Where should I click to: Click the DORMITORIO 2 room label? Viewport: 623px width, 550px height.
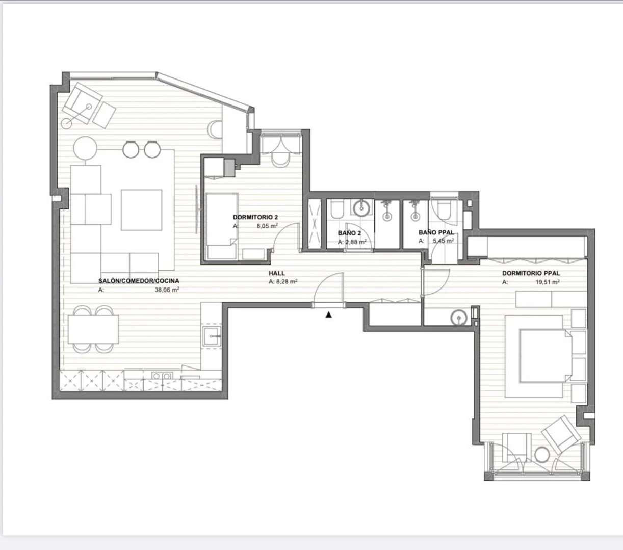(x=255, y=217)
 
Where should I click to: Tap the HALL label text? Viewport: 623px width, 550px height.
(x=277, y=273)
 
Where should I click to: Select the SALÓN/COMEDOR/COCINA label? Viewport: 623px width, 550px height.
(x=139, y=281)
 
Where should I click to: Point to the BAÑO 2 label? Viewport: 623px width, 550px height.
(x=349, y=233)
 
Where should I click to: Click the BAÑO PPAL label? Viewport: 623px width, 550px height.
(x=436, y=232)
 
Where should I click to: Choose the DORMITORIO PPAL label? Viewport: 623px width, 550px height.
(x=531, y=273)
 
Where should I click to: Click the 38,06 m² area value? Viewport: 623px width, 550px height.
(x=167, y=290)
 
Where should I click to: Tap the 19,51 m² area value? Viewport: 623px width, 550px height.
(x=548, y=282)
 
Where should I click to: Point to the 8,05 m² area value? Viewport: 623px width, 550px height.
(x=267, y=226)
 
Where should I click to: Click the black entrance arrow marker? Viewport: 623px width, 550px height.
(x=329, y=315)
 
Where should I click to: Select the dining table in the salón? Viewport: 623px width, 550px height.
(x=93, y=329)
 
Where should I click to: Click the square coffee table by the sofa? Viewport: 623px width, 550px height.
(x=141, y=210)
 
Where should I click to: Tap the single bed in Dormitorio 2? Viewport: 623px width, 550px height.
(x=222, y=226)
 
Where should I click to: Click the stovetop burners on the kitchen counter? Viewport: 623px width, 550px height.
(x=162, y=376)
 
